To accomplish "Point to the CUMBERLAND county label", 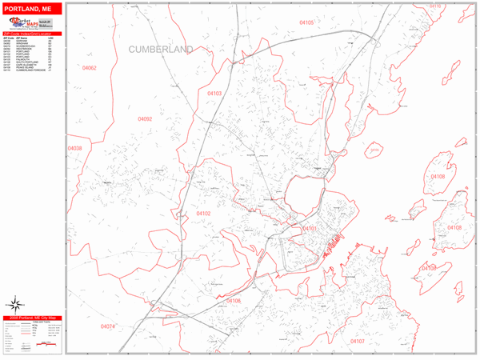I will [x=161, y=50].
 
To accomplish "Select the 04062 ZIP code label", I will [x=90, y=68].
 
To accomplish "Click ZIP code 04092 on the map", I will [x=145, y=119].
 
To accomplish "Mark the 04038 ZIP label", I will [x=74, y=149].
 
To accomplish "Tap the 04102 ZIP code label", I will [x=203, y=214].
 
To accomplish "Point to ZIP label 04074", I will [x=108, y=326].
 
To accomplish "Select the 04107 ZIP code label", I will [x=357, y=342].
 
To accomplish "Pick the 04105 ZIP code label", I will [x=306, y=22].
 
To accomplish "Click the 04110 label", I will [x=435, y=6].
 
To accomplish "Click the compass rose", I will [x=15, y=303].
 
